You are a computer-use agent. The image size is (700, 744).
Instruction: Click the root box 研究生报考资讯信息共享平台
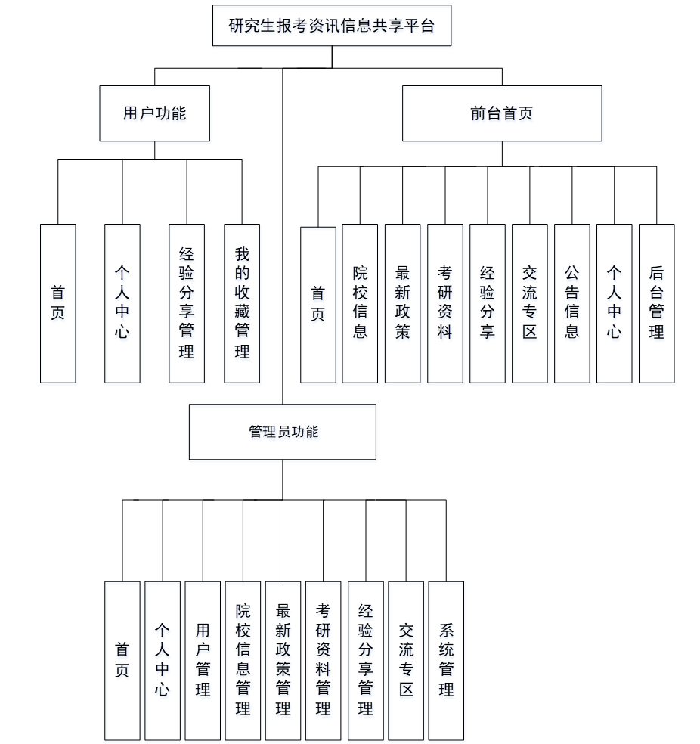pyautogui.click(x=332, y=26)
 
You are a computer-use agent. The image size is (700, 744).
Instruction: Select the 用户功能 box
pyautogui.click(x=154, y=113)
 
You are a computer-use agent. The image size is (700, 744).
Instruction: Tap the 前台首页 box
pyautogui.click(x=502, y=113)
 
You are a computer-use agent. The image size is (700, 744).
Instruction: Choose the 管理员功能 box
pyautogui.click(x=283, y=432)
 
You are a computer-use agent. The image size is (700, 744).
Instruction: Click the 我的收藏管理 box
pyautogui.click(x=242, y=303)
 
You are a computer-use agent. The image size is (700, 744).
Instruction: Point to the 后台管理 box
pyautogui.click(x=656, y=303)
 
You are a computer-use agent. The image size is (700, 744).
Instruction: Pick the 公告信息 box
pyautogui.click(x=571, y=303)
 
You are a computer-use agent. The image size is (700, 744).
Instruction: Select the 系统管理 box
pyautogui.click(x=446, y=660)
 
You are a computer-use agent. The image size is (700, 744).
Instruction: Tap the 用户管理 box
pyautogui.click(x=203, y=660)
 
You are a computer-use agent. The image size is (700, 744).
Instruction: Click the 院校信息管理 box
pyautogui.click(x=243, y=660)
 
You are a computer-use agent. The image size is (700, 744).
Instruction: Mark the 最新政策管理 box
pyautogui.click(x=283, y=660)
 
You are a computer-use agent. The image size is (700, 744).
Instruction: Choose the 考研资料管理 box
pyautogui.click(x=324, y=660)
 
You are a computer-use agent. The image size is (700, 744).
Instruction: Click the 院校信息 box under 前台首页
pyautogui.click(x=360, y=303)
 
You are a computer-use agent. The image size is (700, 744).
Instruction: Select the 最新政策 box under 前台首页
pyautogui.click(x=402, y=303)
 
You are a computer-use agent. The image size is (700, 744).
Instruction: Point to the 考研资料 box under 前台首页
pyautogui.click(x=444, y=303)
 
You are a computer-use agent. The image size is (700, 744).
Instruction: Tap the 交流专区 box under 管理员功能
pyautogui.click(x=406, y=660)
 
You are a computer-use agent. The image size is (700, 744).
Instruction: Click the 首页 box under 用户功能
pyautogui.click(x=57, y=303)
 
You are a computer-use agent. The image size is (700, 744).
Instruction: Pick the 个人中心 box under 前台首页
pyautogui.click(x=614, y=303)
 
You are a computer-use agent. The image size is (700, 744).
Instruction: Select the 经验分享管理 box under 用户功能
pyautogui.click(x=187, y=303)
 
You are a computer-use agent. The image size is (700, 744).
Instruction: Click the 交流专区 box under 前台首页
pyautogui.click(x=529, y=303)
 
